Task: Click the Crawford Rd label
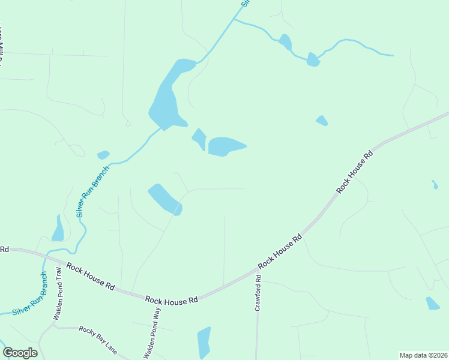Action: [x=259, y=292]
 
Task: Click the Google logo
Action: [x=20, y=353]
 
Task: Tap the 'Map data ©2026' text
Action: [x=423, y=355]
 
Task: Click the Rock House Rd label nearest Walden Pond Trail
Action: [x=90, y=276]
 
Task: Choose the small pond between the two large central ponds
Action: [x=199, y=139]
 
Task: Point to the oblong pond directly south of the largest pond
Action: [x=164, y=199]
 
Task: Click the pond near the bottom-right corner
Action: [x=432, y=304]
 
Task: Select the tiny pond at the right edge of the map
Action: [x=435, y=184]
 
